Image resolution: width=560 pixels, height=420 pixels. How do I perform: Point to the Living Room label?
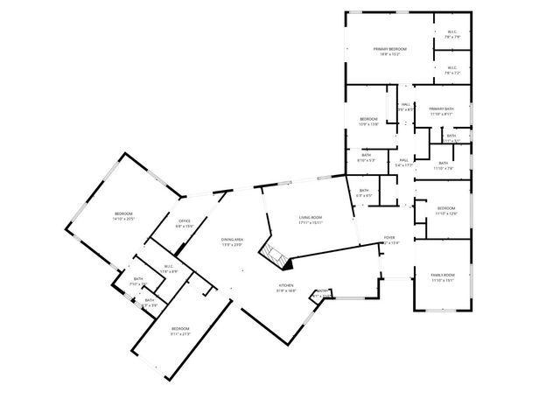click(311, 220)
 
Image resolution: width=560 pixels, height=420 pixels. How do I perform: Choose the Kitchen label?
click(287, 287)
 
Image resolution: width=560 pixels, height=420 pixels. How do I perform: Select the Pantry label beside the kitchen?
click(322, 292)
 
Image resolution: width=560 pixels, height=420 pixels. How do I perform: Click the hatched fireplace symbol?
click(273, 255)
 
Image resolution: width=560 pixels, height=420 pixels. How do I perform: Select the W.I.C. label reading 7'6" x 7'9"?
click(451, 35)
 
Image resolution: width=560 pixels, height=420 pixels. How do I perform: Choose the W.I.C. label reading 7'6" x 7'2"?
click(451, 70)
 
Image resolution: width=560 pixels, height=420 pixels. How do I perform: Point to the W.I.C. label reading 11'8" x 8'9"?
click(169, 269)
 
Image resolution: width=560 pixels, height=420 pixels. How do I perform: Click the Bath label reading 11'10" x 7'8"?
click(443, 165)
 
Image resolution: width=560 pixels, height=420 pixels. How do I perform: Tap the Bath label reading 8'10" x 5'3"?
click(366, 157)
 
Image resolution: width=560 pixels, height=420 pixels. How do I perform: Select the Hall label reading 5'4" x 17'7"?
click(404, 162)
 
